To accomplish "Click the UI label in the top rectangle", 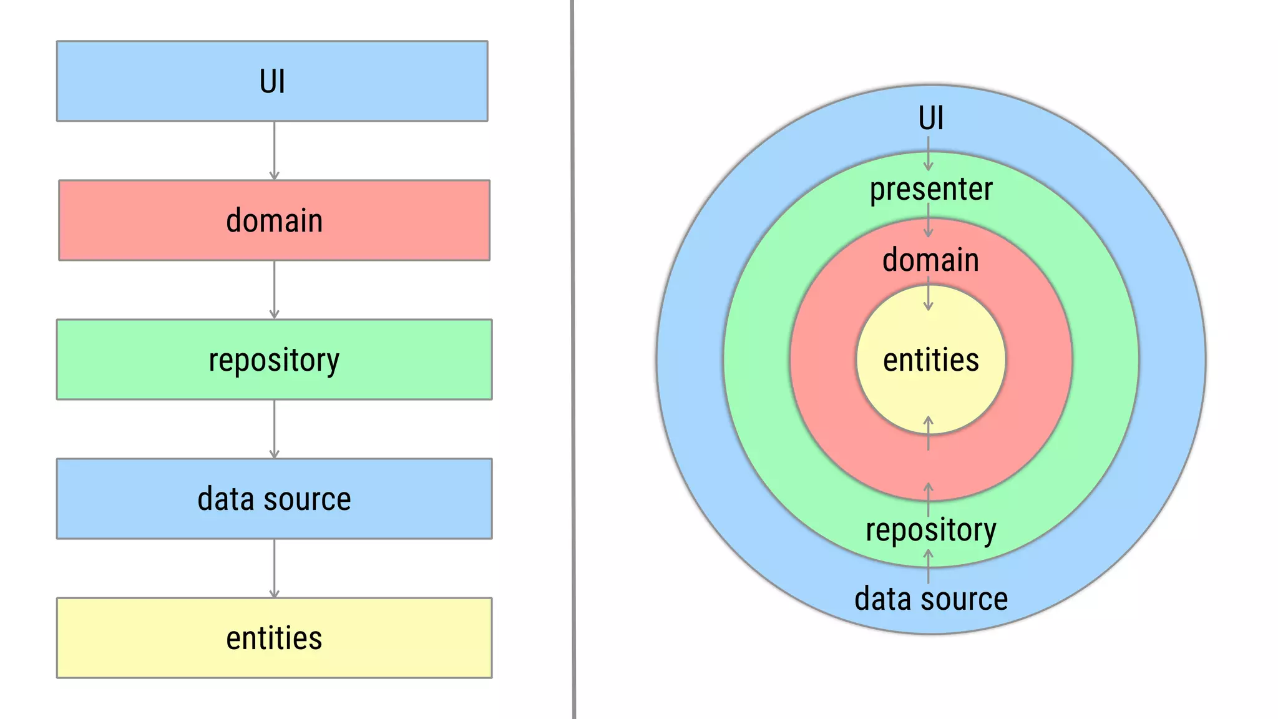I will [x=272, y=82].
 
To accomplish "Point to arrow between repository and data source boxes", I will [x=274, y=429].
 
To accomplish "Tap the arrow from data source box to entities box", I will [x=274, y=569].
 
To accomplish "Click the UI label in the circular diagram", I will [x=930, y=118].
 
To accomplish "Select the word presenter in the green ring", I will [x=930, y=189].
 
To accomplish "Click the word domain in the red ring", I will [x=930, y=260].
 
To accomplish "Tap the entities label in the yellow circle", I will [x=930, y=360].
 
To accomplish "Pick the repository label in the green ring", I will [x=930, y=530].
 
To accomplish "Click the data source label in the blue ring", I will [x=930, y=599].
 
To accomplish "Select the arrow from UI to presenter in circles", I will [x=928, y=154].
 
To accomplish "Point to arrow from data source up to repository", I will [x=928, y=566].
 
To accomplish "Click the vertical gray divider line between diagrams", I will [x=573, y=359].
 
